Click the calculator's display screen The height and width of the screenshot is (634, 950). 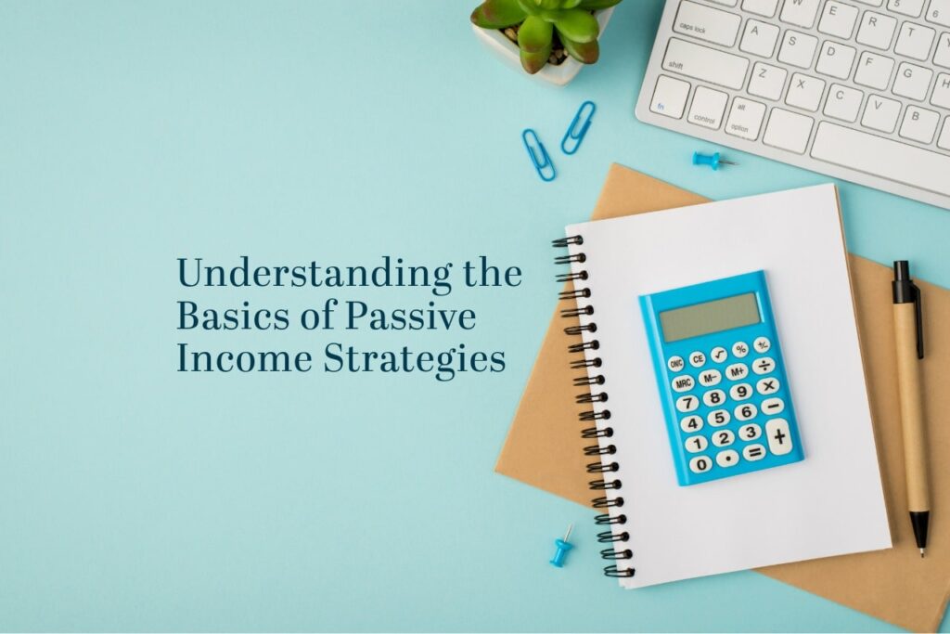coord(709,317)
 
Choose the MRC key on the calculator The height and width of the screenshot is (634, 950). coord(684,382)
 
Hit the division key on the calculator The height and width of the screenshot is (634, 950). coord(764,365)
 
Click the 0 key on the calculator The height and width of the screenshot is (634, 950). coord(701,463)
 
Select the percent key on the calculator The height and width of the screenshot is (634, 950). coord(739,350)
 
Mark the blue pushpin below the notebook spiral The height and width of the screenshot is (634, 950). coord(561,550)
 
